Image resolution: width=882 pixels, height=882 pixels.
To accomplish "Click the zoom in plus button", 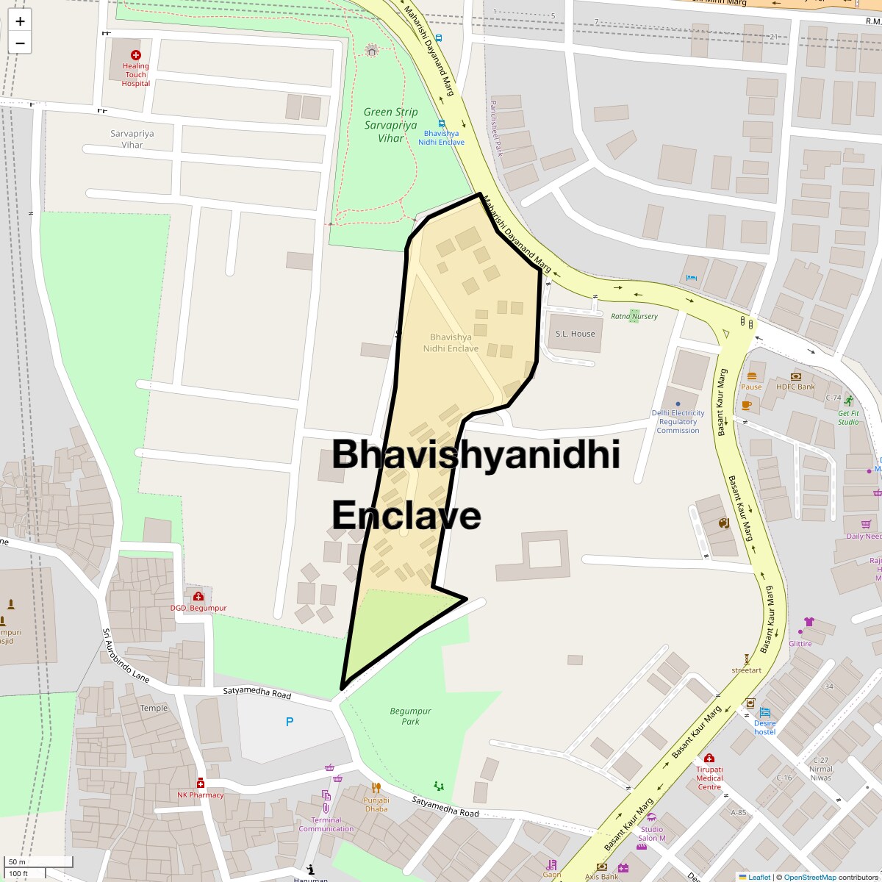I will [x=20, y=21].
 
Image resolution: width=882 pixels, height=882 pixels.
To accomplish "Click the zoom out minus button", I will [x=20, y=43].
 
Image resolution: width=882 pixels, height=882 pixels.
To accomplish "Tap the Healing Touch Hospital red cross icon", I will [x=135, y=55].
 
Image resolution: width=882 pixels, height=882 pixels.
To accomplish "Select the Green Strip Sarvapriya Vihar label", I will [x=390, y=125].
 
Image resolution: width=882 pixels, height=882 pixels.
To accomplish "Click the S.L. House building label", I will [x=575, y=334].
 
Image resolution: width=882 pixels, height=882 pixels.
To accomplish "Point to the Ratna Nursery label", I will [x=634, y=317].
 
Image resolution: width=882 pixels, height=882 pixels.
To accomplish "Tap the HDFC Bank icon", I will [x=795, y=376].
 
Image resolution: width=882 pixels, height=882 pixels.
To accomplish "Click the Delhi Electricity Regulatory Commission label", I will [x=678, y=422].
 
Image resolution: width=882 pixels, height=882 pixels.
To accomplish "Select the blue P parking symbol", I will [x=290, y=722].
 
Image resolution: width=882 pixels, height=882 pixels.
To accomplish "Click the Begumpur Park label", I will [x=410, y=716].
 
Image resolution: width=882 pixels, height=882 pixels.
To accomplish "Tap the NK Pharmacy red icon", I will [x=200, y=784].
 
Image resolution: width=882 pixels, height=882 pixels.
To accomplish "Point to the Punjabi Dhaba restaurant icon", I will [x=376, y=789].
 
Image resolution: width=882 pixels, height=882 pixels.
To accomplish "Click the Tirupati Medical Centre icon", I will [x=709, y=758].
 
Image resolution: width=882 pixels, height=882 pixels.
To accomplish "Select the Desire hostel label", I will [x=764, y=727].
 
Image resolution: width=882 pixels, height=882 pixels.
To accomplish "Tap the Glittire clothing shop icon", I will [x=809, y=622].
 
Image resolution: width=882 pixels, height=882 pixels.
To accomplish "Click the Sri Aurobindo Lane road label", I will [x=126, y=656].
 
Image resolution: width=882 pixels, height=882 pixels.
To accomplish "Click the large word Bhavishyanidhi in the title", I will [x=476, y=455].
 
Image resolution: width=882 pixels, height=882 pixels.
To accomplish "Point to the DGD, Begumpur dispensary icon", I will [x=198, y=596].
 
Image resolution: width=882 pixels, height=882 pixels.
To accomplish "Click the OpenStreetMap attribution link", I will [x=809, y=877].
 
